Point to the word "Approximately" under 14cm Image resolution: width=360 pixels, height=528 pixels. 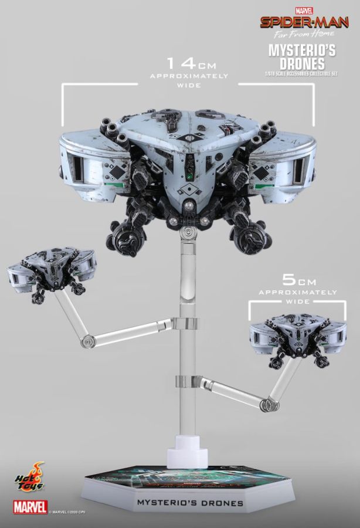[187, 76]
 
